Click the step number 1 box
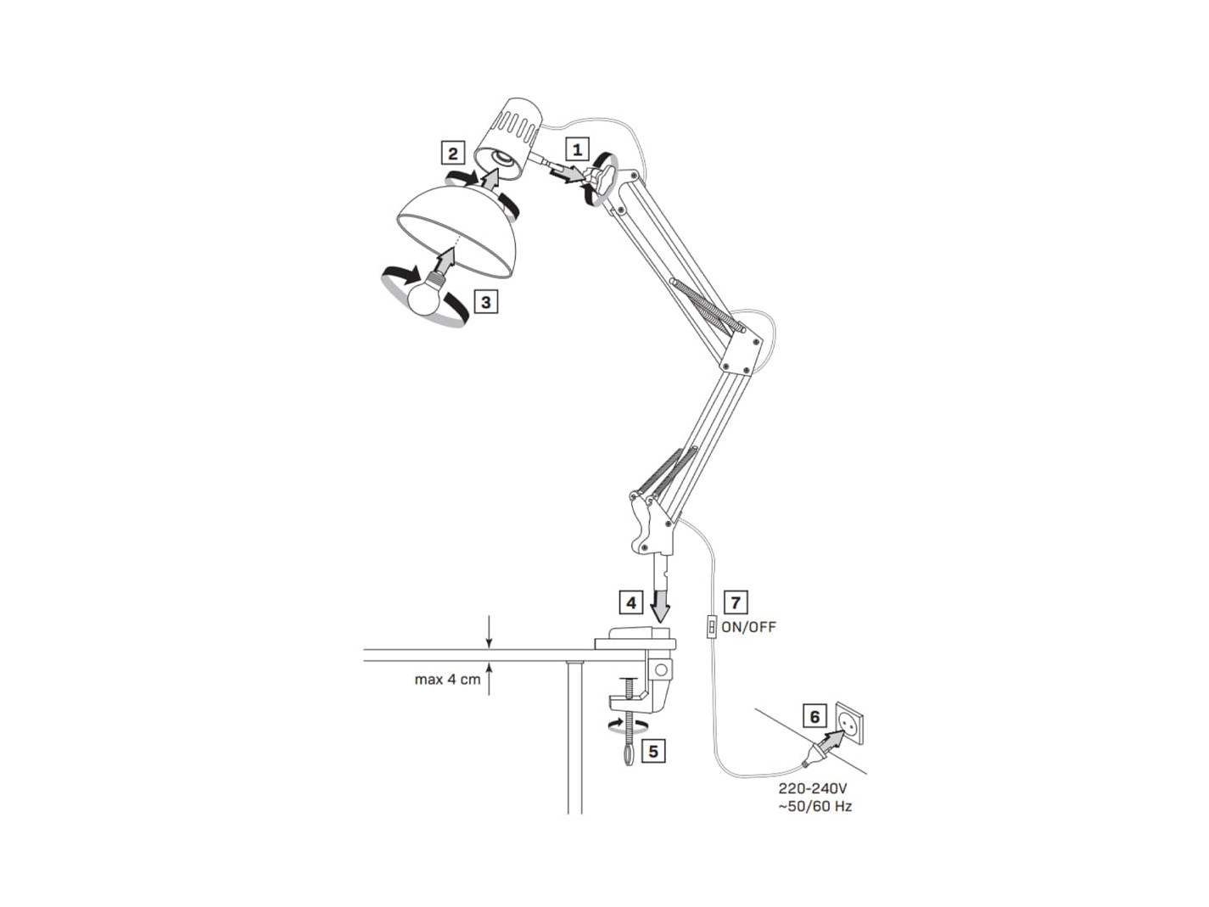577,149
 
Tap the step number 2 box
453,153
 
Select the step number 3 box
486,302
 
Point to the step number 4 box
631,602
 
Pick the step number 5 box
653,751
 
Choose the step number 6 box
814,716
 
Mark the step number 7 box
736,602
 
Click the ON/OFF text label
748,627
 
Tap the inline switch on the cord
712,627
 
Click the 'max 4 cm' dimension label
447,680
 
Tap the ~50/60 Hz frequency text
814,807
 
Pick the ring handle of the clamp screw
629,754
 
